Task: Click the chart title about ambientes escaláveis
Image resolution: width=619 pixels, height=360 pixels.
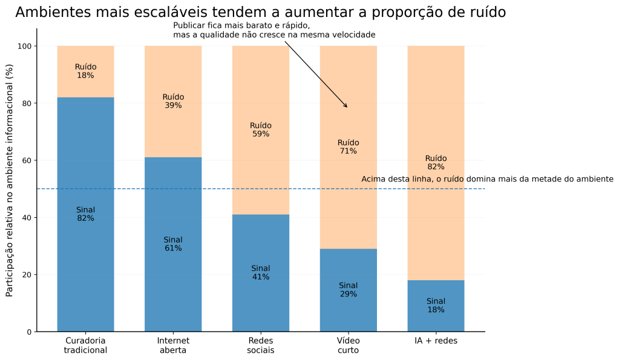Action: pyautogui.click(x=260, y=12)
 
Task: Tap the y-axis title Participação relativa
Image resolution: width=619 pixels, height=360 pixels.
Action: pyautogui.click(x=9, y=180)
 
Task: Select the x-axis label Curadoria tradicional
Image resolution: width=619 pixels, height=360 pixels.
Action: pyautogui.click(x=85, y=345)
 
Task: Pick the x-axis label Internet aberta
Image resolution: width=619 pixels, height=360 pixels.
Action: pyautogui.click(x=173, y=345)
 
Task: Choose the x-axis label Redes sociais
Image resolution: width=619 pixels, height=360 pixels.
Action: pyautogui.click(x=261, y=345)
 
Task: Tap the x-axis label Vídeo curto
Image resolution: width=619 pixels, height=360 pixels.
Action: pyautogui.click(x=348, y=345)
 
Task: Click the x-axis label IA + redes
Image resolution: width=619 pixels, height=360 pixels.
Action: pyautogui.click(x=436, y=341)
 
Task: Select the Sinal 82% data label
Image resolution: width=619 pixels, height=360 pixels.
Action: pyautogui.click(x=85, y=214)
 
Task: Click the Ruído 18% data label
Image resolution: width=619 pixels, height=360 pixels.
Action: pyautogui.click(x=85, y=71)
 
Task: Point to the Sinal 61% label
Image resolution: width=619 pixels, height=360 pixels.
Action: pyautogui.click(x=173, y=244)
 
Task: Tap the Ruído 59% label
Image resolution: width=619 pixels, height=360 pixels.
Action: pyautogui.click(x=261, y=129)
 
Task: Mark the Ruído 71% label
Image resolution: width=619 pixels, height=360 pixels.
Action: pyautogui.click(x=348, y=147)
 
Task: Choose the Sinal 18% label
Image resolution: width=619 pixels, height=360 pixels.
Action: pyautogui.click(x=436, y=306)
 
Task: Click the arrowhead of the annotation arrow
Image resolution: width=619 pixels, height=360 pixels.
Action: pyautogui.click(x=347, y=107)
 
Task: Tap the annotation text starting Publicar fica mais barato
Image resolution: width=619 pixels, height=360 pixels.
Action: pyautogui.click(x=273, y=30)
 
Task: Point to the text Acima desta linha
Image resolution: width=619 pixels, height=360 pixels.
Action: pyautogui.click(x=487, y=179)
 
